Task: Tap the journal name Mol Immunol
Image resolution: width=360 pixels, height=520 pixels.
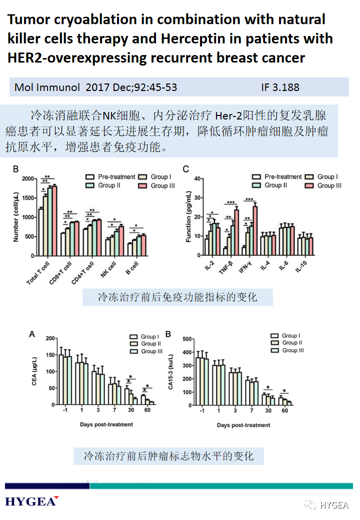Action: point(47,87)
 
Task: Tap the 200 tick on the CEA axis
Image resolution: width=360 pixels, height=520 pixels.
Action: point(49,339)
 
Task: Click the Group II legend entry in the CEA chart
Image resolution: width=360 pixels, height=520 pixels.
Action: point(145,344)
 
